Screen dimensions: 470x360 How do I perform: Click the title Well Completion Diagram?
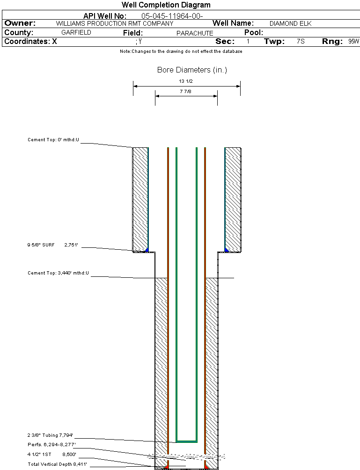click(x=166, y=5)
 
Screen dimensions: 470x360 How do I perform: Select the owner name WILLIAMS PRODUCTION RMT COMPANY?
click(x=114, y=23)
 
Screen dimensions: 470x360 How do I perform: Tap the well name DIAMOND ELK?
click(x=290, y=23)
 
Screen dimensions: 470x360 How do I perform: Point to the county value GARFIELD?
click(x=76, y=33)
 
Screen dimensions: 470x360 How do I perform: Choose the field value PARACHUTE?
click(x=195, y=33)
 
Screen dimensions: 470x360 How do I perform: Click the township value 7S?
click(x=301, y=42)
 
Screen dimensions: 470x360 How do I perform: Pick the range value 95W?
click(x=353, y=42)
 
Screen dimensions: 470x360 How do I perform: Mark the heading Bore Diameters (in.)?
click(x=192, y=70)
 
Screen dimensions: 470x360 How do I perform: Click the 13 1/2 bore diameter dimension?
click(x=186, y=81)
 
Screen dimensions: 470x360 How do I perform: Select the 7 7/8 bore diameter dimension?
click(x=185, y=92)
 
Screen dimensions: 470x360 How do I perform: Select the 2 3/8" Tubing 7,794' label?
click(x=50, y=435)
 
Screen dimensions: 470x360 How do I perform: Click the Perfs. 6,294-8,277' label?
click(x=51, y=444)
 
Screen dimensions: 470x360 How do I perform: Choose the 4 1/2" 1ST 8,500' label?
click(x=51, y=454)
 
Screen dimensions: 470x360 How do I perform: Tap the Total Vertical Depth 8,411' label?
click(x=57, y=464)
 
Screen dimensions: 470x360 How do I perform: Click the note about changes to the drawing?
click(x=181, y=51)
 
